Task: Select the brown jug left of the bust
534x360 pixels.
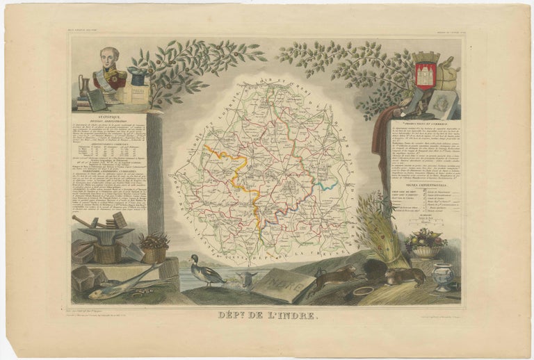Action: [84, 87]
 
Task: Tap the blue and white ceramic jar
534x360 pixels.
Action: [443, 276]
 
